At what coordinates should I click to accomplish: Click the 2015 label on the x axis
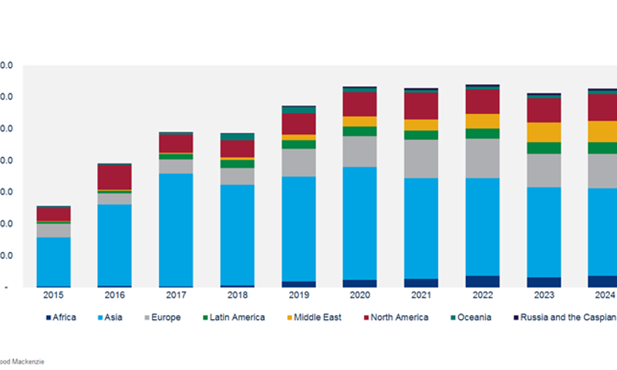coord(53,295)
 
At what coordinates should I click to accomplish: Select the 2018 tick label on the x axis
coord(237,295)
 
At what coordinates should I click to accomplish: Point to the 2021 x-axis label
coord(421,295)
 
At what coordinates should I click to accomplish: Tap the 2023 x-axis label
coord(544,295)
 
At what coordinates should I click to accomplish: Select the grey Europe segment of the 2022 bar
coord(482,158)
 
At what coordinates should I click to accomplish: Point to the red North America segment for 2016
coord(114,177)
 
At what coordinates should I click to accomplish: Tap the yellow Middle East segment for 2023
coord(544,132)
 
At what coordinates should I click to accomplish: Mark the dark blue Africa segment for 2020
coord(359,283)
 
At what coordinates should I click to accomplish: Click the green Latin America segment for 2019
coord(298,144)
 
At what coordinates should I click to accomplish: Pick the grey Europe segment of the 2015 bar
coord(53,230)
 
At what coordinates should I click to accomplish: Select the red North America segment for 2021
coord(421,106)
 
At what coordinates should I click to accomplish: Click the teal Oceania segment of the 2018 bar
coord(237,136)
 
